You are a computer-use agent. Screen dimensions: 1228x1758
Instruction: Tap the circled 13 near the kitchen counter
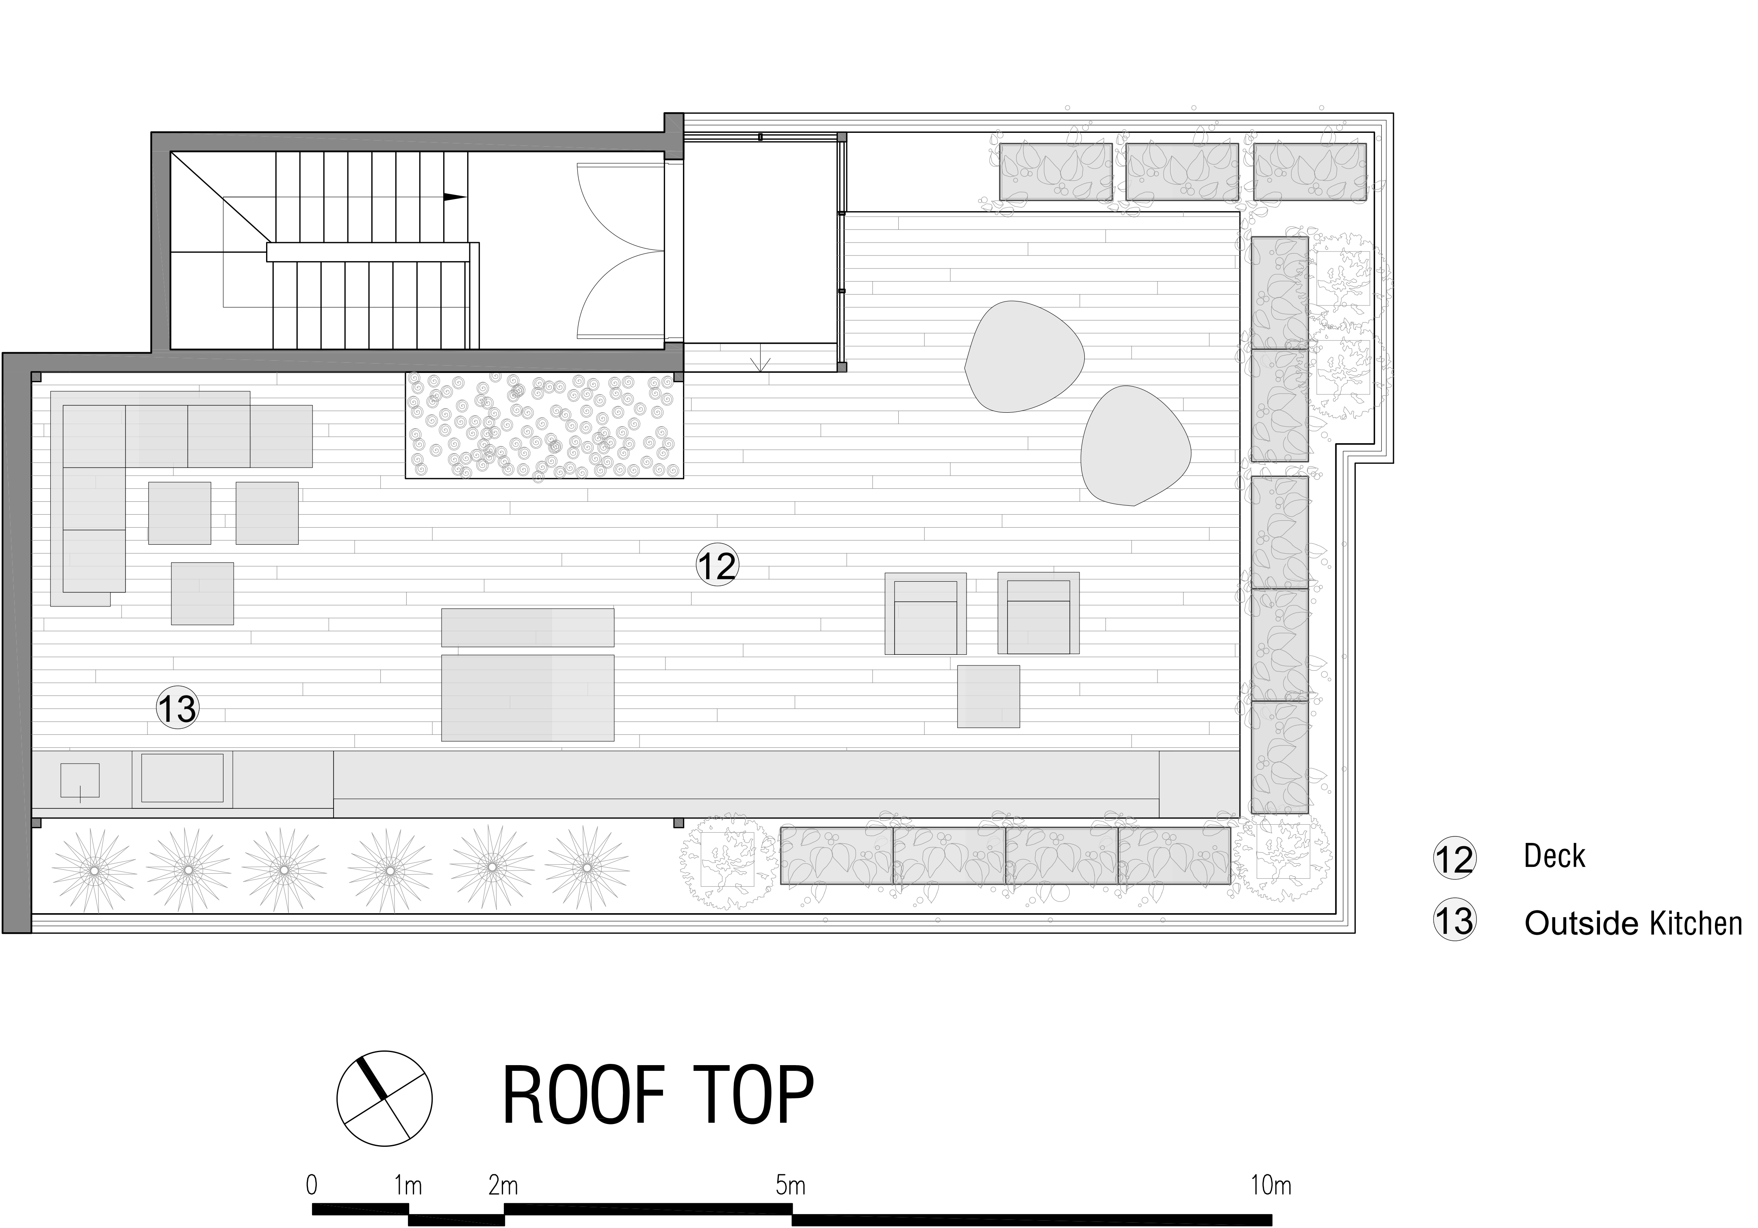pyautogui.click(x=177, y=707)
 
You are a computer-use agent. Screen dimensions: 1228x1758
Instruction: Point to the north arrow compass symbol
pyautogui.click(x=384, y=1098)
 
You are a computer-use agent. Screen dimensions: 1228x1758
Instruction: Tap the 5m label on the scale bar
pyautogui.click(x=790, y=1186)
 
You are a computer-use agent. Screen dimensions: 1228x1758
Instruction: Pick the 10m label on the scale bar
pyautogui.click(x=1271, y=1186)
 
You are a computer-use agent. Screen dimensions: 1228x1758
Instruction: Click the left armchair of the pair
pyautogui.click(x=925, y=614)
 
